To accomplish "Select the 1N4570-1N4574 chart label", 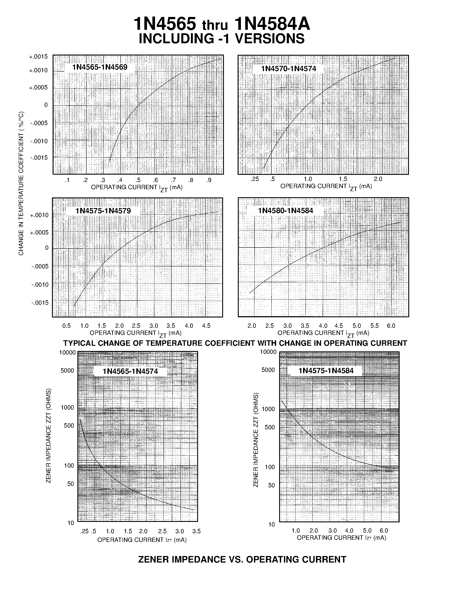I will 289,69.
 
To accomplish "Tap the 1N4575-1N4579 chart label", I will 103,211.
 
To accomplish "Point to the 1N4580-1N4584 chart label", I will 285,210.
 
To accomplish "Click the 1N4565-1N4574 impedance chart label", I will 130,371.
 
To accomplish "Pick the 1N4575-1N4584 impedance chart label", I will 326,371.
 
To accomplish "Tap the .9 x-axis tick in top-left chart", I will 209,180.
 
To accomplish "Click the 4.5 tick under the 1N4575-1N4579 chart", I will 206,326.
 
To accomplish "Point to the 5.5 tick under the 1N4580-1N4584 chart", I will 374,326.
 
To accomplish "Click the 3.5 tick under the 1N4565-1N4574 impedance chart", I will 197,531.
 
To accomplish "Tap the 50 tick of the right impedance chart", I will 271,485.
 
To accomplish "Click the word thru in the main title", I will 215,25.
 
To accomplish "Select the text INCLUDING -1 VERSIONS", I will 222,39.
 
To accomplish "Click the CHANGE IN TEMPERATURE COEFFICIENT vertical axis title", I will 21,184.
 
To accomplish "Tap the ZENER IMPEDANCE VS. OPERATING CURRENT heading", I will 242,559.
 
